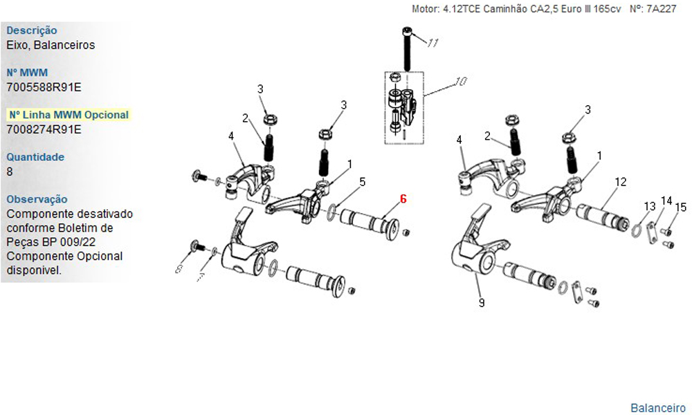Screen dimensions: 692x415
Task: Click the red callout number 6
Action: tap(403, 199)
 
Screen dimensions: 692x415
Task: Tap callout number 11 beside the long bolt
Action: tap(432, 43)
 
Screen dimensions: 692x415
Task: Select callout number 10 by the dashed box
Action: tap(460, 82)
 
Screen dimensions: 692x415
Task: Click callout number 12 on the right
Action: tap(621, 182)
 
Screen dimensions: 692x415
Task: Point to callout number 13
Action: tap(650, 206)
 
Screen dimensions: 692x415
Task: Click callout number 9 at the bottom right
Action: tap(482, 303)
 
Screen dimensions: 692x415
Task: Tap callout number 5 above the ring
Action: tap(363, 182)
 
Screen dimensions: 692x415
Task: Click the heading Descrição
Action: tap(32, 30)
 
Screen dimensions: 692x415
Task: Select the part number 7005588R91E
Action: tap(44, 87)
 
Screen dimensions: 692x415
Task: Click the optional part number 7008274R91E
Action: tap(44, 129)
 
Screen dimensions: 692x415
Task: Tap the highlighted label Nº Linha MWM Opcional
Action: tap(69, 115)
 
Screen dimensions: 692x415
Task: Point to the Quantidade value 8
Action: tap(10, 172)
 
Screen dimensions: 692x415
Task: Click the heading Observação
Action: tap(37, 199)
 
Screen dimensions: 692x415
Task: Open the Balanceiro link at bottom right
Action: tap(658, 408)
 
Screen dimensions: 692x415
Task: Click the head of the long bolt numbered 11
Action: tap(408, 31)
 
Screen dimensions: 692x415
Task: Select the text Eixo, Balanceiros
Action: tap(51, 45)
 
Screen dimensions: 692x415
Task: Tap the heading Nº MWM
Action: tap(27, 73)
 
